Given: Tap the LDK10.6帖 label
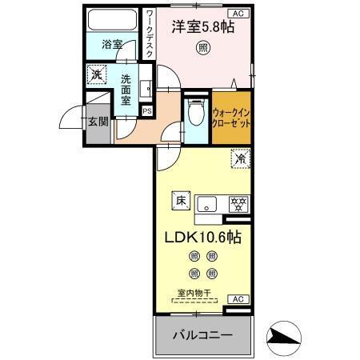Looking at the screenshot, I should pyautogui.click(x=203, y=238).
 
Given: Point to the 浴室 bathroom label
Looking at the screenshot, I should pyautogui.click(x=112, y=46).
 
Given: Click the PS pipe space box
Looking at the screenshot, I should pyautogui.click(x=146, y=110).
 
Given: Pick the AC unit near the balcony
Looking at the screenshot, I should pyautogui.click(x=237, y=298).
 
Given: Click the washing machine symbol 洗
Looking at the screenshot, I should pyautogui.click(x=95, y=74).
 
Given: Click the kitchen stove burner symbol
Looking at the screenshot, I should pyautogui.click(x=237, y=203).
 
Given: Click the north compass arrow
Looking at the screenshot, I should pyautogui.click(x=285, y=336).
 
